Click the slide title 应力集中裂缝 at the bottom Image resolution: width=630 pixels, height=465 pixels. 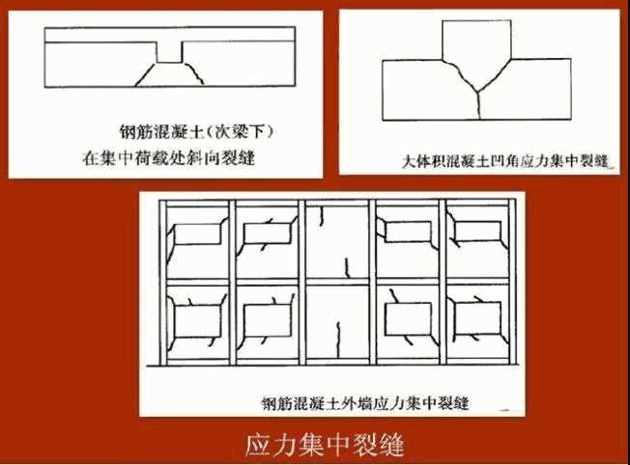(x=324, y=445)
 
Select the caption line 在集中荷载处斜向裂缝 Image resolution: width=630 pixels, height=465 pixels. (x=173, y=153)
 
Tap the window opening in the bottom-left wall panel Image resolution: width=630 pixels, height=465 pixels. (x=196, y=317)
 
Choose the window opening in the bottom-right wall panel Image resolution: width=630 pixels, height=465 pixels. (x=476, y=319)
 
